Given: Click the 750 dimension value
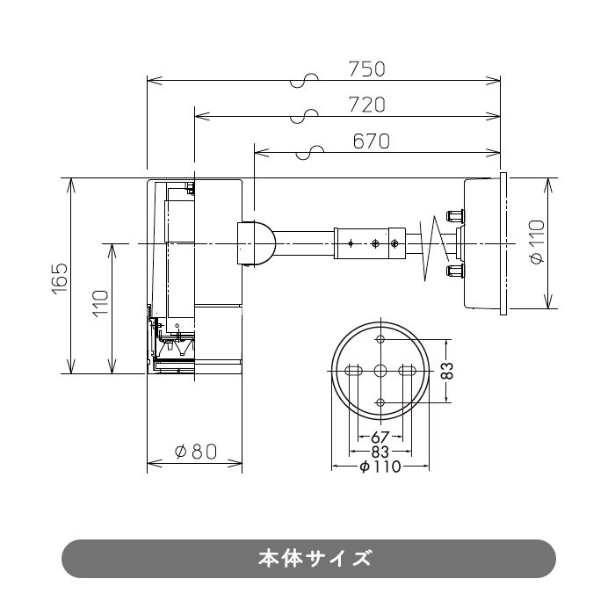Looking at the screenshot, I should click(x=367, y=69).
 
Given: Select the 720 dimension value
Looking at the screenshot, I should click(x=367, y=105).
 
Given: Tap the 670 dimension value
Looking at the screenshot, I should click(x=372, y=141).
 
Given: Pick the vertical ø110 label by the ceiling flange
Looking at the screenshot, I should click(x=538, y=242).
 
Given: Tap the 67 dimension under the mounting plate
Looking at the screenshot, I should click(x=380, y=438).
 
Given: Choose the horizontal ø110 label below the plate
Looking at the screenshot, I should click(x=380, y=467).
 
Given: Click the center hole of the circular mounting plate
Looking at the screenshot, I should click(x=380, y=370).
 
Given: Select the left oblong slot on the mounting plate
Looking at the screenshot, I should click(x=354, y=370).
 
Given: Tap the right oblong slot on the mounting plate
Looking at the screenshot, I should click(x=406, y=370).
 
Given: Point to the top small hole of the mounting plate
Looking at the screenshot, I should click(x=380, y=340).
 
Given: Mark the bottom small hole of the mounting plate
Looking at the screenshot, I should click(x=380, y=402).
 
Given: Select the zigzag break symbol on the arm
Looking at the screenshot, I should click(x=430, y=244).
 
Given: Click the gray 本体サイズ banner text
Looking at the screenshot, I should click(x=308, y=558).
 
